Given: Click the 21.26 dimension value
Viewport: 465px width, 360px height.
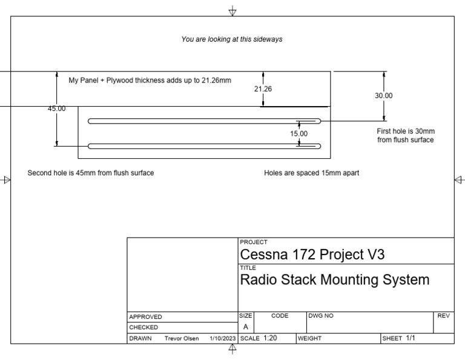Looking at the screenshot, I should pyautogui.click(x=263, y=88).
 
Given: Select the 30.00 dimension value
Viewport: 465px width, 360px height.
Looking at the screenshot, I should pyautogui.click(x=384, y=96).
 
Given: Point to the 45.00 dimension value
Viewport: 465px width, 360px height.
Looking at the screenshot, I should pyautogui.click(x=57, y=108).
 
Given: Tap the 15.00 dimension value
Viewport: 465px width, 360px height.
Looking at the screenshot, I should pyautogui.click(x=298, y=133).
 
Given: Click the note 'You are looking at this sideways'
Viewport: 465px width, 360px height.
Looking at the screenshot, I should pyautogui.click(x=232, y=39).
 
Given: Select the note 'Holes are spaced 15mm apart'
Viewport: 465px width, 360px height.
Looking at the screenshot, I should pyautogui.click(x=311, y=173).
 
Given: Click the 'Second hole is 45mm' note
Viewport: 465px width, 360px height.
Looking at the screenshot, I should pyautogui.click(x=91, y=173).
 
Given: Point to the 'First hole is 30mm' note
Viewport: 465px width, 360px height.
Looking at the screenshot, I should pyautogui.click(x=406, y=135).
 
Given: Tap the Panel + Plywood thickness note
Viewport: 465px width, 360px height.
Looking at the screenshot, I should pyautogui.click(x=150, y=80).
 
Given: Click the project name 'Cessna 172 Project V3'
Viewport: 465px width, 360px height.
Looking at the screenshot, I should pyautogui.click(x=312, y=255).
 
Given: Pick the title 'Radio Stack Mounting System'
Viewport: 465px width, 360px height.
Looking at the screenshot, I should pyautogui.click(x=335, y=280).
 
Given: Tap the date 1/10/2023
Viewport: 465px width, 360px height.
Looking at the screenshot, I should pyautogui.click(x=222, y=338).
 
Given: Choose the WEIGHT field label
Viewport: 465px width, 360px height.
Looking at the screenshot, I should pyautogui.click(x=308, y=338).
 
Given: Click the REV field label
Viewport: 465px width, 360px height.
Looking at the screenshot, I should pyautogui.click(x=443, y=316).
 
